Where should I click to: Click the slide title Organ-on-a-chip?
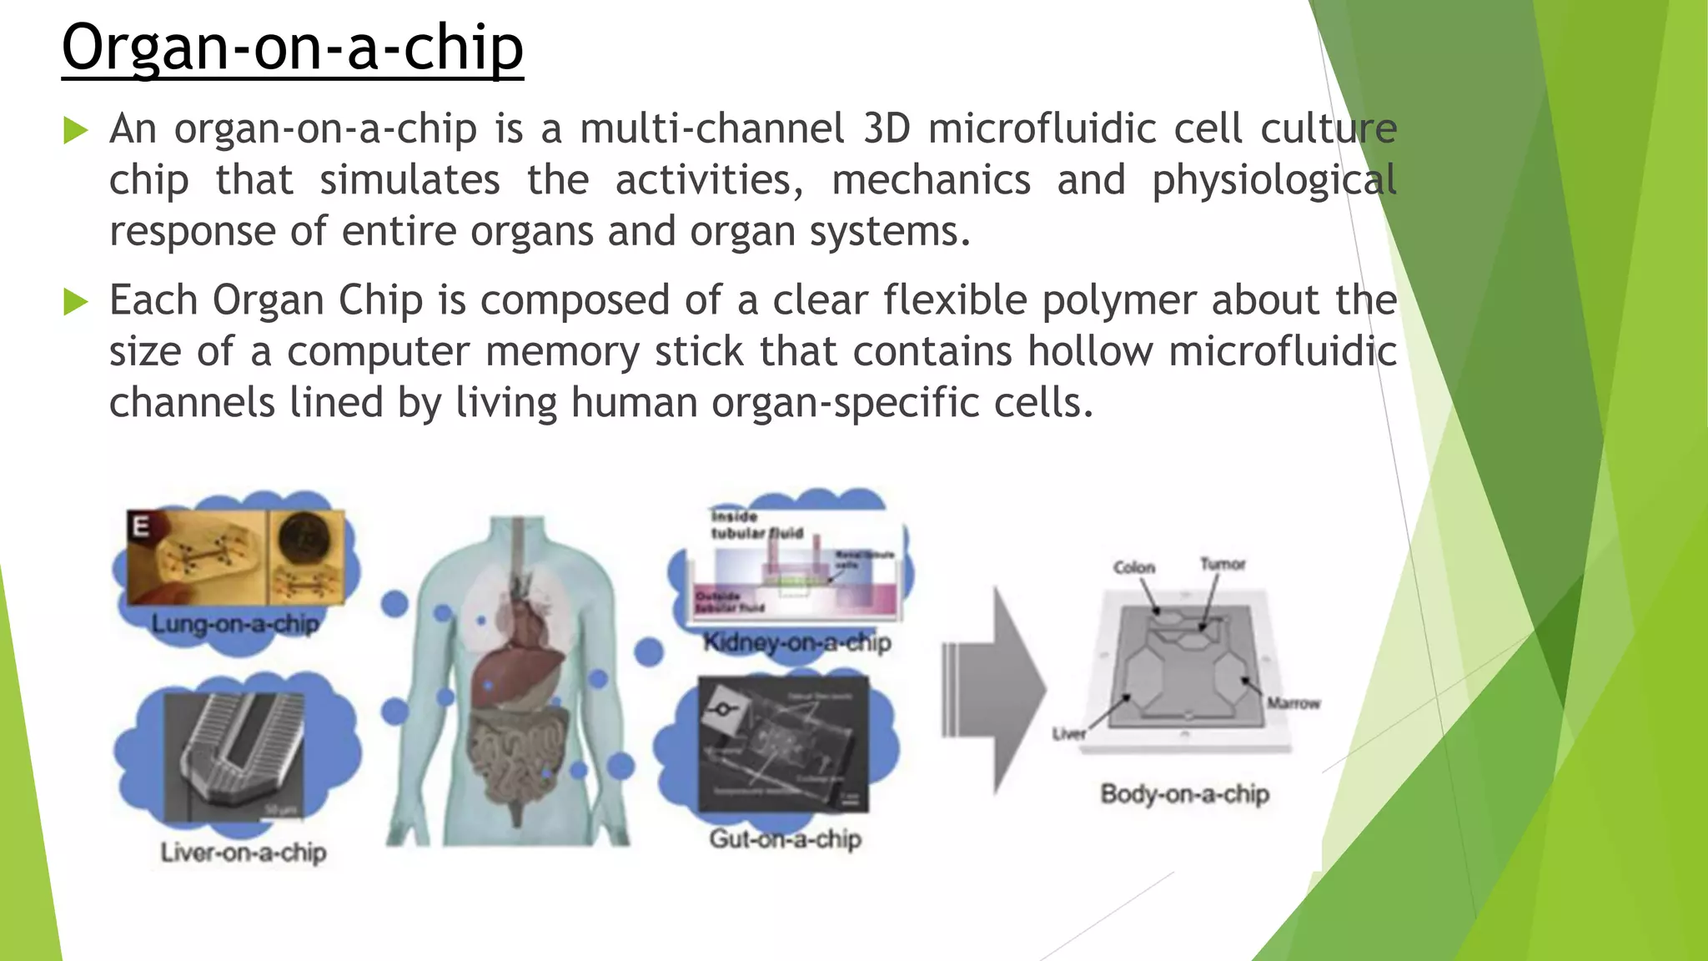292,48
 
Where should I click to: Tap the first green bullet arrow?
75,131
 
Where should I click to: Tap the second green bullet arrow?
75,302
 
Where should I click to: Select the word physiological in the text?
1273,181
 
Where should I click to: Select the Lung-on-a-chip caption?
235,624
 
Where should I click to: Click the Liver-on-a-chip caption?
243,853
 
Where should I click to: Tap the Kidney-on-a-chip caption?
796,642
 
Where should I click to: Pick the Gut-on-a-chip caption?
785,838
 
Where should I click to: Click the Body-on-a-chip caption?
1184,793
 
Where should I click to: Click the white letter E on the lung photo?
141,526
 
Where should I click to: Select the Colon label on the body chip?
1134,567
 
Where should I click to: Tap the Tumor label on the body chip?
1222,564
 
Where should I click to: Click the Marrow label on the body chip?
1294,703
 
